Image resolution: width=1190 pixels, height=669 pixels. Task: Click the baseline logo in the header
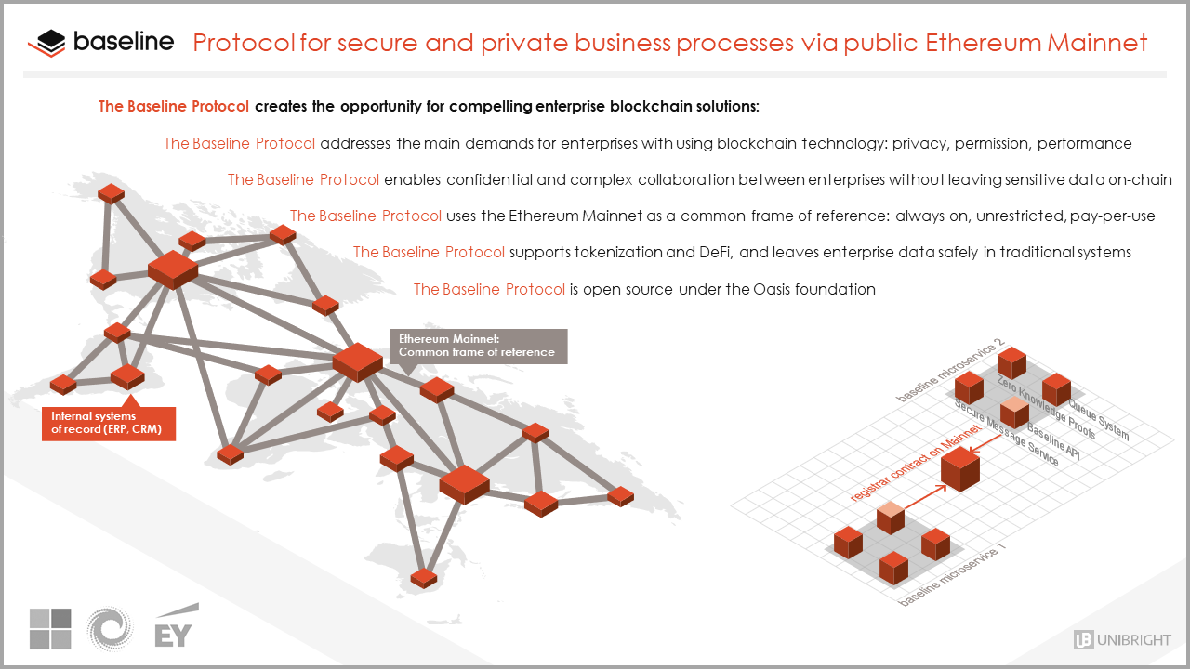pos(100,43)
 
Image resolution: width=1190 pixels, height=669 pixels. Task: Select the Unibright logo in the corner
pos(1122,639)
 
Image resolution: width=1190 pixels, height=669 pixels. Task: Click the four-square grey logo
pos(50,629)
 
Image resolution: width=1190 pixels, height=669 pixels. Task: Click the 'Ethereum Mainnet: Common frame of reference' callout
pos(477,346)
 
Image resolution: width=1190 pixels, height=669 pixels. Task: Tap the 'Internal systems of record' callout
pos(108,423)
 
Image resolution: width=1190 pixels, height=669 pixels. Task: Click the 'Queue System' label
pos(1098,420)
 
